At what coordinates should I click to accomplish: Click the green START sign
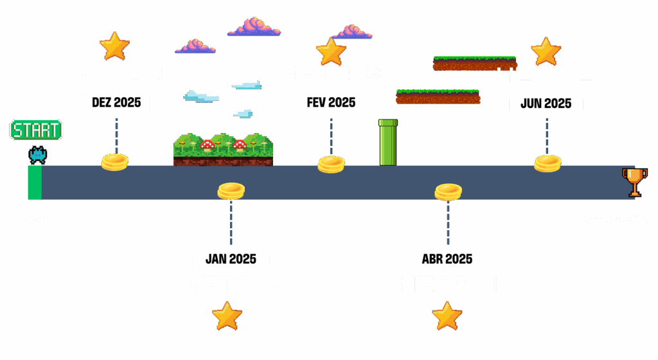pyautogui.click(x=37, y=130)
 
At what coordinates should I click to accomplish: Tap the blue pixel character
pyautogui.click(x=37, y=154)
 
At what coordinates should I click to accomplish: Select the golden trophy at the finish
pyautogui.click(x=634, y=181)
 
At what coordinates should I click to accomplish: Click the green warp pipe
pyautogui.click(x=388, y=142)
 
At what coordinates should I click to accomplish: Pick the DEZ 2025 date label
pyautogui.click(x=116, y=103)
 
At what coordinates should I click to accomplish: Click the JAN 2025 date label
pyautogui.click(x=231, y=260)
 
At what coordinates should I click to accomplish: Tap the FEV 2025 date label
pyautogui.click(x=331, y=103)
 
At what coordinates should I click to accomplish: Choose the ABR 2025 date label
pyautogui.click(x=447, y=260)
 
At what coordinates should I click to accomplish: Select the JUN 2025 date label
pyautogui.click(x=546, y=104)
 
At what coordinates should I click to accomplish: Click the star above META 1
pyautogui.click(x=114, y=46)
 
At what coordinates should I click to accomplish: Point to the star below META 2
pyautogui.click(x=227, y=316)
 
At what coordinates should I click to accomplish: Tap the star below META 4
pyautogui.click(x=447, y=316)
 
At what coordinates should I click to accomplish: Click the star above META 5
pyautogui.click(x=546, y=51)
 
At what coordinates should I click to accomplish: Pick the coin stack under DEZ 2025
pyautogui.click(x=114, y=162)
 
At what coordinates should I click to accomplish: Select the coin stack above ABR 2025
pyautogui.click(x=448, y=192)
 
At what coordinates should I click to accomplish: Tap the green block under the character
pyautogui.click(x=35, y=183)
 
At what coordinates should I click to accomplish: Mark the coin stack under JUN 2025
pyautogui.click(x=547, y=163)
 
